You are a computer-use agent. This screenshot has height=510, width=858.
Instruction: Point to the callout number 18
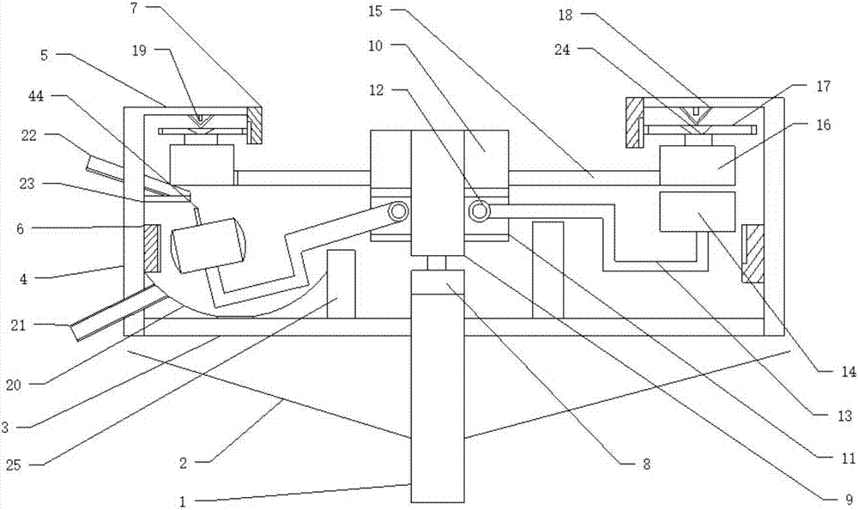(565, 15)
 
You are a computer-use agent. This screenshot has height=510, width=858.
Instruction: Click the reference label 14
(849, 372)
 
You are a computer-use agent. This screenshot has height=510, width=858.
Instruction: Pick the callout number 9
(849, 499)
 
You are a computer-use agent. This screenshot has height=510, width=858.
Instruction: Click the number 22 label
(28, 135)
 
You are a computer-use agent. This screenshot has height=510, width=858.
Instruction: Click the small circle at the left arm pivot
(398, 211)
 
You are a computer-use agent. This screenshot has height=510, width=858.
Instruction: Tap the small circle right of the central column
(478, 211)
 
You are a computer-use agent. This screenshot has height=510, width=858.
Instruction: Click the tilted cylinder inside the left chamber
(207, 245)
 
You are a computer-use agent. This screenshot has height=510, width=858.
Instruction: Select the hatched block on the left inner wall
(152, 247)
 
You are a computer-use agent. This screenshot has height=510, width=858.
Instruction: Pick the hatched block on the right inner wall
(752, 253)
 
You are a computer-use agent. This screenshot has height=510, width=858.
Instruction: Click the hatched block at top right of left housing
(255, 124)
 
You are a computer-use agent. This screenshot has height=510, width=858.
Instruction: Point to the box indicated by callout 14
(697, 211)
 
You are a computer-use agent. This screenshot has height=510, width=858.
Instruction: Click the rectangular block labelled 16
(697, 166)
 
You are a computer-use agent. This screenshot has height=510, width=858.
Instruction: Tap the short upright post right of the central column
(547, 270)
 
